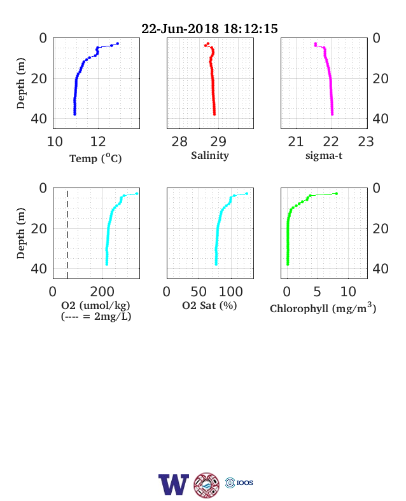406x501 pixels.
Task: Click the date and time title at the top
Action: coord(209,29)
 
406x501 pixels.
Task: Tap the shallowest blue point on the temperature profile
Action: coord(117,43)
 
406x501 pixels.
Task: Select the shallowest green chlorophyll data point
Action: coord(336,193)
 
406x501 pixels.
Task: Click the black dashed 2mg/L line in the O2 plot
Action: coord(68,233)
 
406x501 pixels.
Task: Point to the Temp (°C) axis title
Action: coord(95,158)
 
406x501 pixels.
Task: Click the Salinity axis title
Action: coord(210,156)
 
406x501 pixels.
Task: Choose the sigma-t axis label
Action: coord(324,156)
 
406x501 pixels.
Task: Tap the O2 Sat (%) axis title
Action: coord(209,305)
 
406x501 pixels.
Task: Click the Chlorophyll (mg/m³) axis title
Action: coord(323,308)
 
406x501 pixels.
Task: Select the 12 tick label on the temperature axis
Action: coord(98,142)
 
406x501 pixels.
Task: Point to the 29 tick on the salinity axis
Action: coord(218,142)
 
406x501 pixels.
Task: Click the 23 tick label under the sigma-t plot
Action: coord(366,142)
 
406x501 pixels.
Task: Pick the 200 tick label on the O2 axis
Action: coord(102,292)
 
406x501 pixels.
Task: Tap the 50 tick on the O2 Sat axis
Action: coord(199,292)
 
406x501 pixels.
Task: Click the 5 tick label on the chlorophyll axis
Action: coord(317,292)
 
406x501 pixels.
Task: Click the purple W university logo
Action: coord(174,484)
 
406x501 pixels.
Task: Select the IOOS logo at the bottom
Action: coord(239,483)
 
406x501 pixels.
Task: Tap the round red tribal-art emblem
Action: coord(207,485)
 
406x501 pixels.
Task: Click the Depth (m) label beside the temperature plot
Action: coord(21,83)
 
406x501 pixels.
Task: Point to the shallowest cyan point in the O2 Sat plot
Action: coord(246,193)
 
